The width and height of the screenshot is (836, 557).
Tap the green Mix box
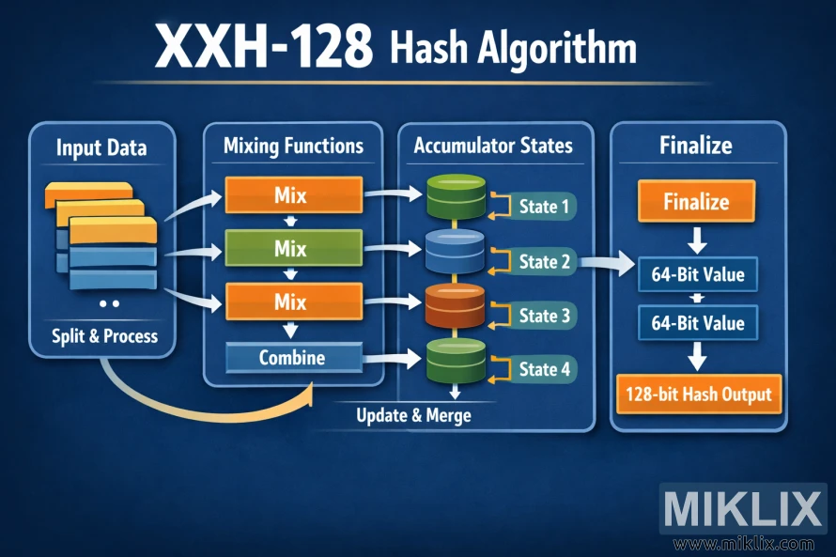(x=291, y=250)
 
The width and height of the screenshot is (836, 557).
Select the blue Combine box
(x=292, y=358)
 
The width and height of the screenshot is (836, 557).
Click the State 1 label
(x=544, y=207)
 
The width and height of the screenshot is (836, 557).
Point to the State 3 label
(x=544, y=316)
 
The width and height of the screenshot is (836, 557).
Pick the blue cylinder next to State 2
(x=455, y=251)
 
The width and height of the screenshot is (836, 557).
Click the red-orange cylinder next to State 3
(x=455, y=305)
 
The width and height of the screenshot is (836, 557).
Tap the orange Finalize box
(x=696, y=202)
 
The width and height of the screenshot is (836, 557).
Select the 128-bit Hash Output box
(x=698, y=395)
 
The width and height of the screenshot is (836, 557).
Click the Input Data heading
(x=101, y=147)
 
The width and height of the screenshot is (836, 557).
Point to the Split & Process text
(x=104, y=335)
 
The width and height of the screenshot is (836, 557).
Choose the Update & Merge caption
(x=414, y=414)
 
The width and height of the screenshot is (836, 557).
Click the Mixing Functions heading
(x=293, y=146)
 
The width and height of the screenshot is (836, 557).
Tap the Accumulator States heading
(x=492, y=146)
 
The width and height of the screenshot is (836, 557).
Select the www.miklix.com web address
(x=743, y=544)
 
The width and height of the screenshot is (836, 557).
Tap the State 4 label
(x=544, y=369)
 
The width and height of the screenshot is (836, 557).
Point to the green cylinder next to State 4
(x=455, y=359)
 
